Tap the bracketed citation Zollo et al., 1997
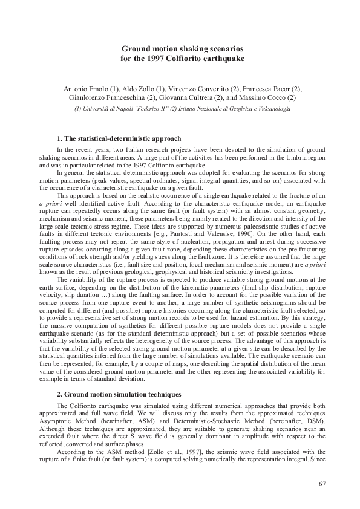tap(157, 453)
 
